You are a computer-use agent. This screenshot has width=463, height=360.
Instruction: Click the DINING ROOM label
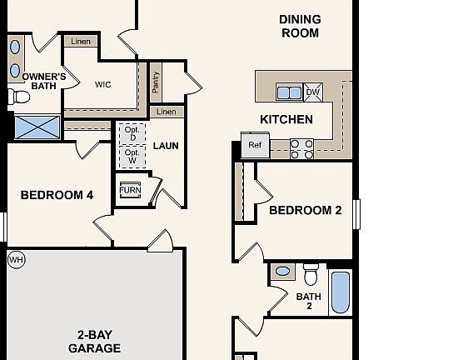(299, 26)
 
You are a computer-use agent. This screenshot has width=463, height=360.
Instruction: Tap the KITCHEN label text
(286, 119)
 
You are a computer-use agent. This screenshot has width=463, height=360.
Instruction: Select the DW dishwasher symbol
(313, 92)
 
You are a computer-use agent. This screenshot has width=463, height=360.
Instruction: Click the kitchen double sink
(288, 92)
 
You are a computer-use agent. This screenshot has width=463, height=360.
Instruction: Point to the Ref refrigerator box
(254, 145)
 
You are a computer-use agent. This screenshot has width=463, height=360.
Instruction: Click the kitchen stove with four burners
(302, 148)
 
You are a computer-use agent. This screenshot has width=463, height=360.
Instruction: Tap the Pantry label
(156, 82)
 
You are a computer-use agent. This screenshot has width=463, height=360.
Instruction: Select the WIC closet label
(103, 84)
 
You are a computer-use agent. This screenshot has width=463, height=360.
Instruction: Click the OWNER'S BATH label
(32, 81)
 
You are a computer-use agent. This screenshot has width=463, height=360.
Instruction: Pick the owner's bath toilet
(19, 97)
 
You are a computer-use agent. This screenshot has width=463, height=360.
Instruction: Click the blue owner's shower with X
(37, 127)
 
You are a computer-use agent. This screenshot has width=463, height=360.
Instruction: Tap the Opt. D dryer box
(131, 132)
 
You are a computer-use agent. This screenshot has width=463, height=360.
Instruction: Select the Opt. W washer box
(131, 155)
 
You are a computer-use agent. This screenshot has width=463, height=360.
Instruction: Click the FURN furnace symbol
(130, 190)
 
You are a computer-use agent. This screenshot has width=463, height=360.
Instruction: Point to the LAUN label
(166, 146)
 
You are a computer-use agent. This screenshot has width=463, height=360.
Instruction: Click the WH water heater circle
(16, 260)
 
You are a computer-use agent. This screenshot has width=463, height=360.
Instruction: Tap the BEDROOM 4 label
(57, 196)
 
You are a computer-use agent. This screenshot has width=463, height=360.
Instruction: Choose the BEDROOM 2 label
(305, 211)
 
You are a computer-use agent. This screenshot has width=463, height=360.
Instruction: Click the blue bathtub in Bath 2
(340, 292)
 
